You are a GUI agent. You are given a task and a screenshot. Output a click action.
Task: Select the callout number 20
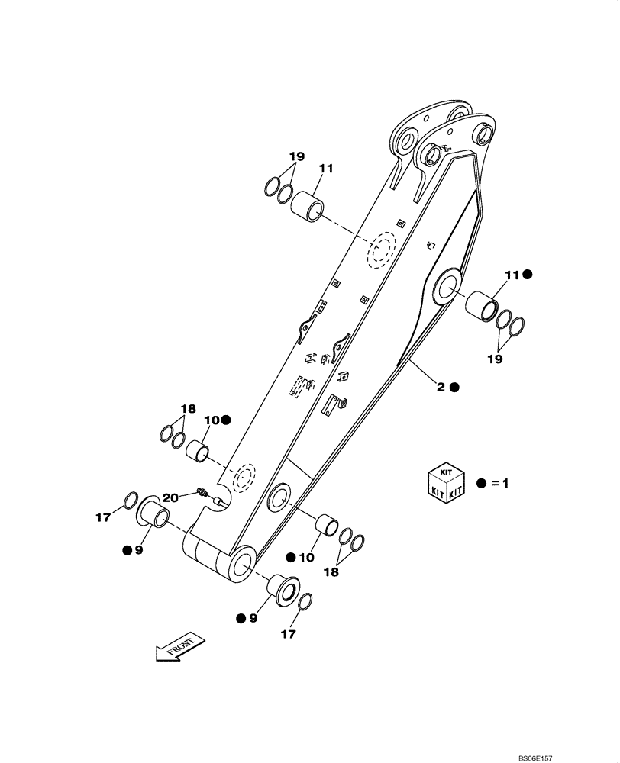pos(170,497)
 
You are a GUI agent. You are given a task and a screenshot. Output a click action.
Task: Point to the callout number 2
pos(441,387)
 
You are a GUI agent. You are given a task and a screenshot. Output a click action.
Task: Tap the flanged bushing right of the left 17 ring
pos(154,511)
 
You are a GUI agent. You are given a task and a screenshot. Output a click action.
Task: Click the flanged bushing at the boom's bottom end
pos(283,589)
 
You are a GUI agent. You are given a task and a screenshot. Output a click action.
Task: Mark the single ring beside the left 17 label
pos(131,501)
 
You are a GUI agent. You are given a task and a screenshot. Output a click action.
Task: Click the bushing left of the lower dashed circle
pos(199,451)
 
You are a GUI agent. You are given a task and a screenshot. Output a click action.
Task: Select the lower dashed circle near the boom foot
pos(244,478)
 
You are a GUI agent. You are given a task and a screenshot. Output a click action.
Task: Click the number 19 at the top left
pos(297,156)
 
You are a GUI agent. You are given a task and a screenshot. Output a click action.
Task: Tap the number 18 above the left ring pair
pos(188,408)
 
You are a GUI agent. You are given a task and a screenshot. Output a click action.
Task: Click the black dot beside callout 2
pos(455,387)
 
